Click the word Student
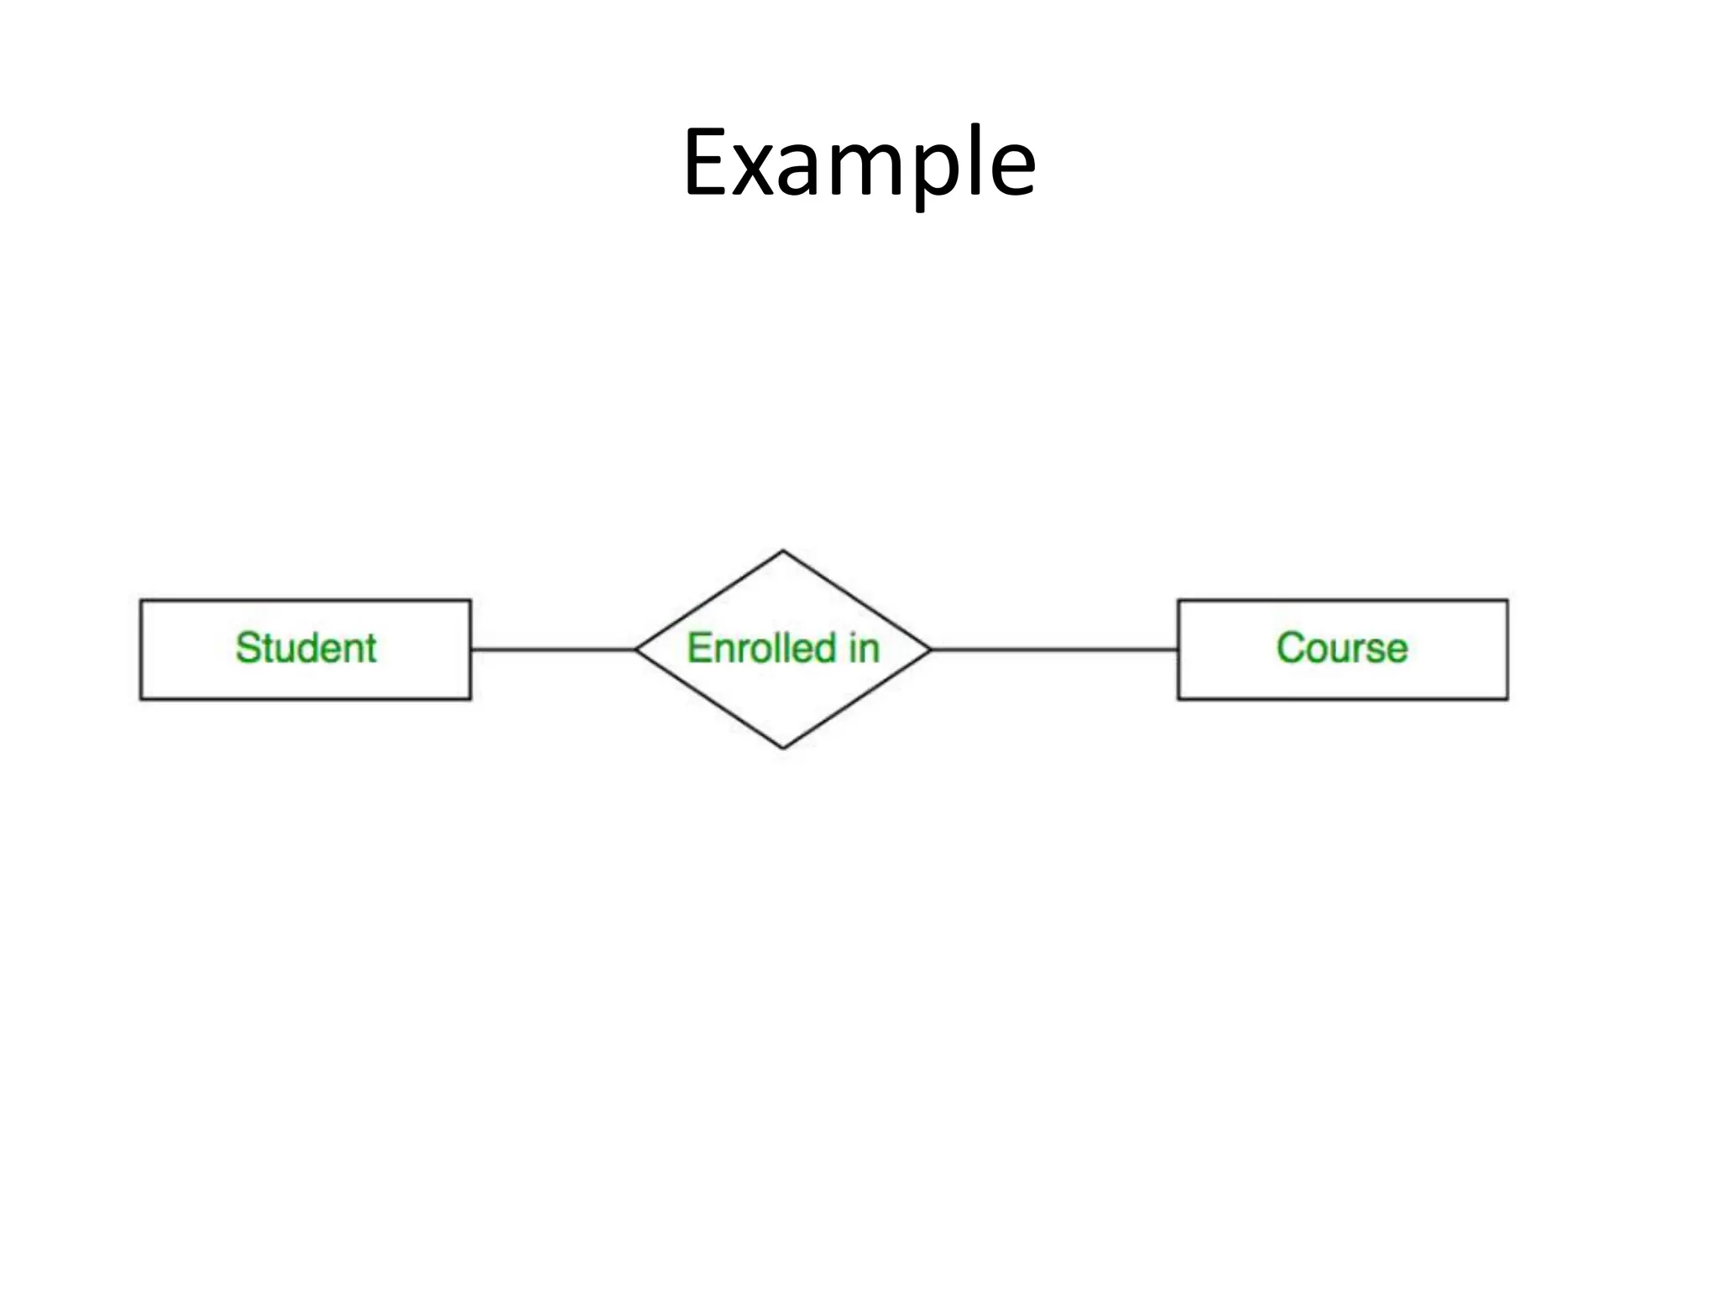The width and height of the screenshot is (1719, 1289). [x=306, y=648]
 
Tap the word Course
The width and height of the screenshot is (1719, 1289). [x=1341, y=648]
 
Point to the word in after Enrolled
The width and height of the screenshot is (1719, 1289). [x=864, y=648]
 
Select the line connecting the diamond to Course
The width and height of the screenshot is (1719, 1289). [x=1053, y=649]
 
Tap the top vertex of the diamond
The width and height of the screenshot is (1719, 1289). [x=783, y=551]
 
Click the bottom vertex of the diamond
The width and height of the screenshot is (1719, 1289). [x=783, y=747]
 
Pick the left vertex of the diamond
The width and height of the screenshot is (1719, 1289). [x=636, y=649]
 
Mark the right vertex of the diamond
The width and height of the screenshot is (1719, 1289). [x=930, y=649]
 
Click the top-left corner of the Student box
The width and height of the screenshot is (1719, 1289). [x=141, y=600]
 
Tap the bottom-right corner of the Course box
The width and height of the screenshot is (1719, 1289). [x=1507, y=698]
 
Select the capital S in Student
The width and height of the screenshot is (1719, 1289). [x=248, y=648]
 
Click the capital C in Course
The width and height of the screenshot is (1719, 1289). [x=1290, y=648]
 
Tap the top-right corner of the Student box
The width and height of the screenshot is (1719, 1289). [x=470, y=600]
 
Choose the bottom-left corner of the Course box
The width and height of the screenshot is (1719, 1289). [x=1178, y=698]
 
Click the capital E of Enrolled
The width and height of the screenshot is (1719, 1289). [x=698, y=648]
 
